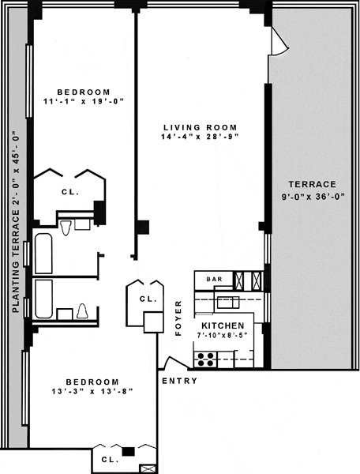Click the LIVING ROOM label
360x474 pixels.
201,127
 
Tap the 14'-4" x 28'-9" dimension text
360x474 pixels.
200,137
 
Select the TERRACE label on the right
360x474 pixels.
313,184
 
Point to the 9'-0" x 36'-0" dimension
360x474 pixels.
313,197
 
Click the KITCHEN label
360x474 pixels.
223,325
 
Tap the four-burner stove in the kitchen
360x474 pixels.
205,359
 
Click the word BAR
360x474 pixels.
215,279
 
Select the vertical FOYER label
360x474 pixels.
178,318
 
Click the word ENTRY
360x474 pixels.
180,381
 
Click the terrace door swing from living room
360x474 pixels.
279,41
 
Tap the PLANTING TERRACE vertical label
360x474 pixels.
16,222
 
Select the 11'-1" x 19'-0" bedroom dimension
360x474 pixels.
84,101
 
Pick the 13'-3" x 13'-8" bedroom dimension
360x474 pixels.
92,391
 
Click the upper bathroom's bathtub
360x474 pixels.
43,254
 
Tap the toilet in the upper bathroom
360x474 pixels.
66,228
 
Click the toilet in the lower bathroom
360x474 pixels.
82,311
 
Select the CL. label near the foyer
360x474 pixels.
148,299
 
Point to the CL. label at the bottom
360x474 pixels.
110,460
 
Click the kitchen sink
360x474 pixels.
228,303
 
